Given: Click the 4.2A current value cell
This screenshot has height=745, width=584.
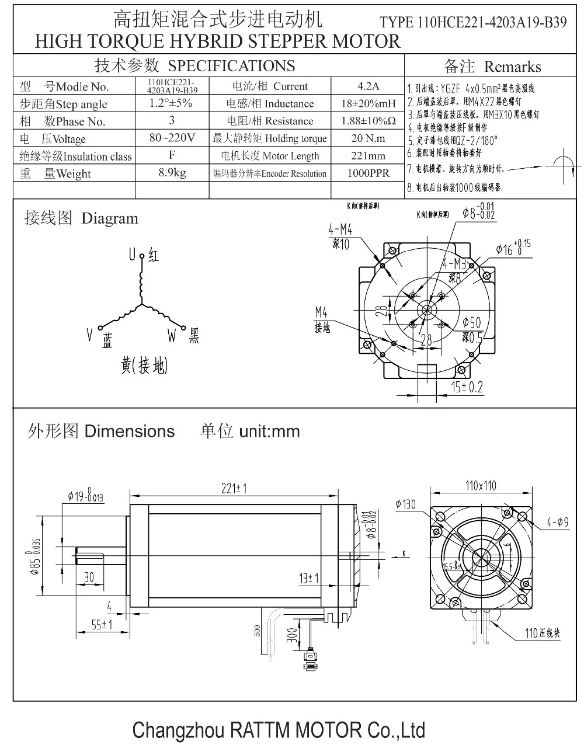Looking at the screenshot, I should point(368,86).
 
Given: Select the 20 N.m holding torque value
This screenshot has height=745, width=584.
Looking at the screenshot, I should point(368,138).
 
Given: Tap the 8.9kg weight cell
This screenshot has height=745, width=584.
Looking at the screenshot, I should point(172,173).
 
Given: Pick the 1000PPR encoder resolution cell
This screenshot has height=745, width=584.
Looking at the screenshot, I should point(368,173).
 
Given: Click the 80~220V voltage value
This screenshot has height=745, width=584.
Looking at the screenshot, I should point(172,138).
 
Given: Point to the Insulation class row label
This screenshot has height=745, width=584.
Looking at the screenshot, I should point(75,156).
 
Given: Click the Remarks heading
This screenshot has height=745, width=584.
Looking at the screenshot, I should point(512,67).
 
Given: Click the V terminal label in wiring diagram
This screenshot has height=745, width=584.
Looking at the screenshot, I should point(90,335).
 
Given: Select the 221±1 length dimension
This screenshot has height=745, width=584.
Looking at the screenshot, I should point(234,488).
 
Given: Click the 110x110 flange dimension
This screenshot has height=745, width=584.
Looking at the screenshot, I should point(481,486).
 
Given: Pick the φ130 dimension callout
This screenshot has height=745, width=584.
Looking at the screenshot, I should point(405,504).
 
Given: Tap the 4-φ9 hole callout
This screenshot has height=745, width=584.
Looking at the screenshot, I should point(558,523).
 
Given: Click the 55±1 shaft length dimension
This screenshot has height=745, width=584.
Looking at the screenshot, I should point(102,624).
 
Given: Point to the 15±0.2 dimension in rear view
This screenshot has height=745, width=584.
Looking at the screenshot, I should point(467,387).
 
